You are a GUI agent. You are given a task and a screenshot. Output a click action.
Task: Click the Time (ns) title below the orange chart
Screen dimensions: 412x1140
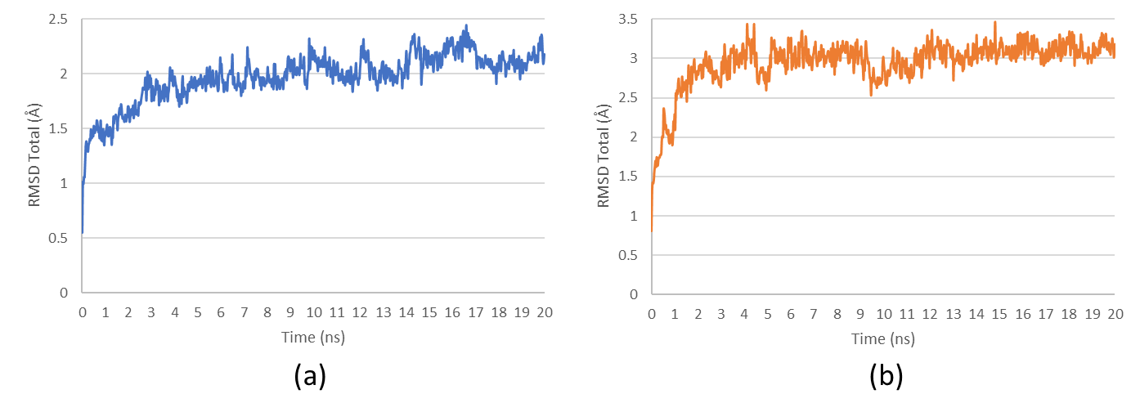(x=883, y=338)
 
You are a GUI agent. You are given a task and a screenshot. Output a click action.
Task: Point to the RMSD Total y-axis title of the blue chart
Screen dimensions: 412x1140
(x=34, y=155)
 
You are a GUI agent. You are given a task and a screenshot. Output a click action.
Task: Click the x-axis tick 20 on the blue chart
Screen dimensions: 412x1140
(x=545, y=312)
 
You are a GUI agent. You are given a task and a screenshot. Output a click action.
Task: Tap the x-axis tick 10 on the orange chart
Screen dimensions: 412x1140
(x=883, y=314)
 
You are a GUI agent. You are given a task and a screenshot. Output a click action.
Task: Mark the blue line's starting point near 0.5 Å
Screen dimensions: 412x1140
(x=83, y=232)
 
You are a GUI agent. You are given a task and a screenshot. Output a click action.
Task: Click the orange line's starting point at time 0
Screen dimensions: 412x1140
(x=652, y=231)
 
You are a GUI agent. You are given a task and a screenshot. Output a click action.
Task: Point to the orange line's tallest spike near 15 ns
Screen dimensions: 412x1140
(x=995, y=22)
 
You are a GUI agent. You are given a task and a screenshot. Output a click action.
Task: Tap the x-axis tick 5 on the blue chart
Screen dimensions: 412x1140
(x=198, y=312)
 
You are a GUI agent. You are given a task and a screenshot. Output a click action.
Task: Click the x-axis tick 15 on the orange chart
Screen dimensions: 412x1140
(x=999, y=314)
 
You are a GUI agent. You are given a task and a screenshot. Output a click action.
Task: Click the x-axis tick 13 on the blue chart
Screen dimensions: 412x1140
(x=383, y=312)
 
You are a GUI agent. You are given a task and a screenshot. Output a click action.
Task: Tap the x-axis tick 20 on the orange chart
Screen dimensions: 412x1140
(x=1115, y=314)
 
